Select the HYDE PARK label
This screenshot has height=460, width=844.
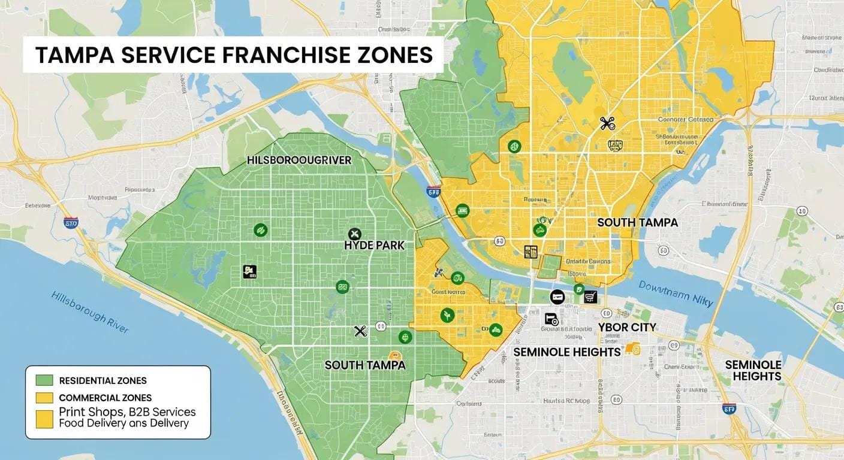pyautogui.click(x=375, y=245)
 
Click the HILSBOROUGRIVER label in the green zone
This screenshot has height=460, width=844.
pyautogui.click(x=299, y=161)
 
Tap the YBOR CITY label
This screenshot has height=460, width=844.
pyautogui.click(x=627, y=327)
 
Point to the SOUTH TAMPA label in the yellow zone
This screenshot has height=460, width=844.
pyautogui.click(x=637, y=222)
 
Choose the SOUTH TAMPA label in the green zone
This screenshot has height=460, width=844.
pyautogui.click(x=365, y=365)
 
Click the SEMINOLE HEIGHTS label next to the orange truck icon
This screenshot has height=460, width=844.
pyautogui.click(x=566, y=352)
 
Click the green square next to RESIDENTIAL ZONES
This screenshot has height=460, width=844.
pyautogui.click(x=44, y=380)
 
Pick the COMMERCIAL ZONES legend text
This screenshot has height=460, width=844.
pyautogui.click(x=105, y=398)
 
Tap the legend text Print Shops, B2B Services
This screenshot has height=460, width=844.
pyautogui.click(x=127, y=412)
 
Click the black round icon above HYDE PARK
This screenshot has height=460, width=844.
pyautogui.click(x=354, y=234)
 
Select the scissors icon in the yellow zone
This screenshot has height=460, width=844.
pyautogui.click(x=607, y=124)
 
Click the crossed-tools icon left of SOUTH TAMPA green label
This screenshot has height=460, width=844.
pyautogui.click(x=360, y=331)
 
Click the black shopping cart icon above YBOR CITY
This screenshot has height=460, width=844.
pyautogui.click(x=591, y=295)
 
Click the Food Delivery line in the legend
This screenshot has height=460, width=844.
pyautogui.click(x=123, y=423)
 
